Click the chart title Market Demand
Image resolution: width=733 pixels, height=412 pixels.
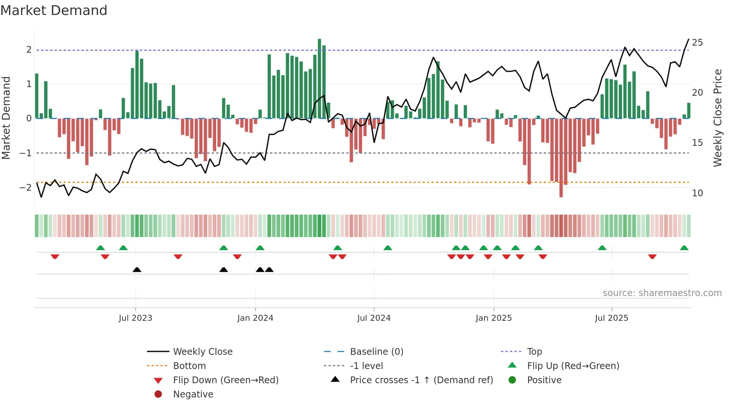(x=54, y=10)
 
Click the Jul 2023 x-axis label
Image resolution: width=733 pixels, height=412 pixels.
(x=135, y=318)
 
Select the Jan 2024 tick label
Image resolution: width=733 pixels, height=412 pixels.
(x=255, y=318)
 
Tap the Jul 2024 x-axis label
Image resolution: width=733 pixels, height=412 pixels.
(x=374, y=318)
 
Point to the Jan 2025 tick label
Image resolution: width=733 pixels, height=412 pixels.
(x=494, y=318)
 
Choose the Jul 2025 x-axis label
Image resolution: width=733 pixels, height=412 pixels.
(x=611, y=318)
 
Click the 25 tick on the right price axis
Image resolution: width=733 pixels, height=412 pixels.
(x=697, y=43)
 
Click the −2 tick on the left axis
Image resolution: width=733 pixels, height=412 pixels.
(x=26, y=187)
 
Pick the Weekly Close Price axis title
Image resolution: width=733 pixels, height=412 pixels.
(x=717, y=118)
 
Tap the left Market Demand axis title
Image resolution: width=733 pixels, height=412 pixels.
(x=6, y=118)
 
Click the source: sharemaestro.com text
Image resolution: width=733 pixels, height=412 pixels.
(x=662, y=293)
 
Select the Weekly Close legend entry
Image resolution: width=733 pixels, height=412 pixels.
(x=202, y=352)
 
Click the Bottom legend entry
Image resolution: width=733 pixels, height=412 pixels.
(x=189, y=366)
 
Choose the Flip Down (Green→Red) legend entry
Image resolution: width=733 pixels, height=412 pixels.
(x=226, y=380)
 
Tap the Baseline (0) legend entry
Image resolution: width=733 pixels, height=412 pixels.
(x=376, y=352)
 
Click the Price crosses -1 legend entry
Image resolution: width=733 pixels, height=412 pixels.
(x=421, y=380)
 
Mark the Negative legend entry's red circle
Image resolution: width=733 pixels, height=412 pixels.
(x=158, y=394)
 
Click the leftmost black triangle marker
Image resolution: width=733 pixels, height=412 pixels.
(x=137, y=270)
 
